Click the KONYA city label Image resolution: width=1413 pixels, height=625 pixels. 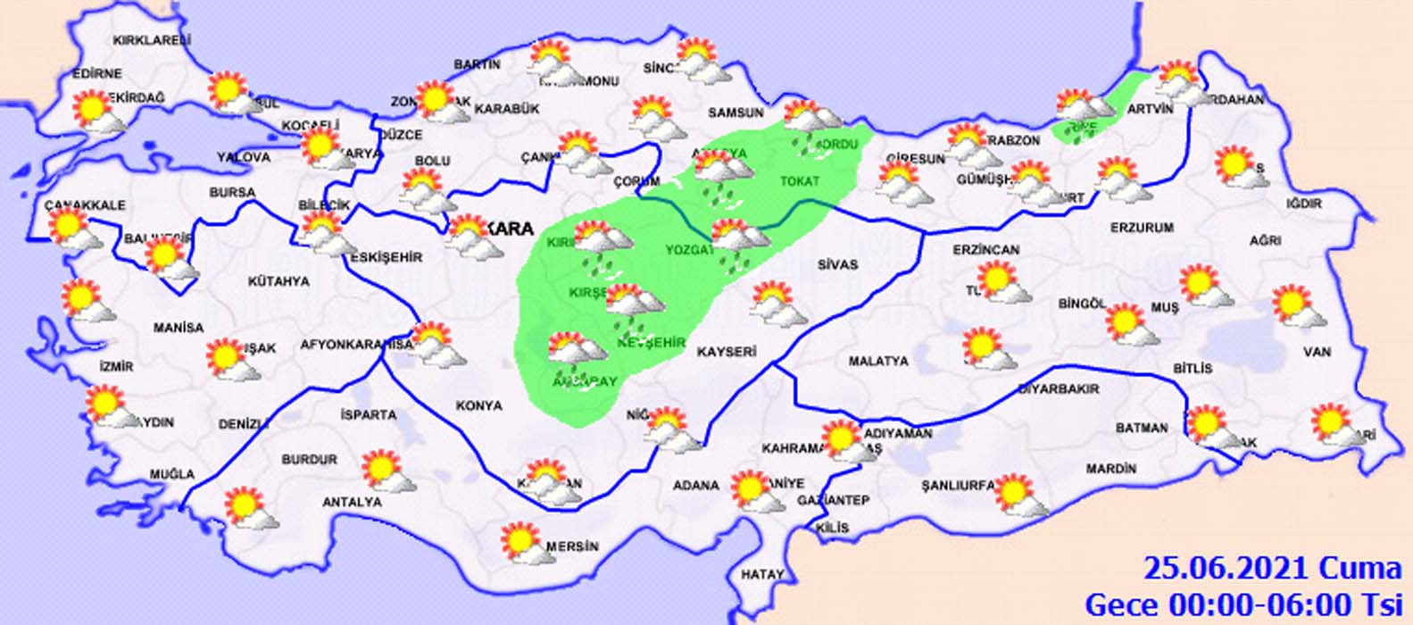[x=479, y=405]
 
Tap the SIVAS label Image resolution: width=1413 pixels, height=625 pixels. [x=837, y=264]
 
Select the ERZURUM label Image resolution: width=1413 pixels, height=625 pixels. [x=1142, y=228]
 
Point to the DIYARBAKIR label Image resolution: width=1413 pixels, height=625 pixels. [x=1059, y=389]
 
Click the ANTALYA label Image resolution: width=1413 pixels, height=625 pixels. [x=352, y=503]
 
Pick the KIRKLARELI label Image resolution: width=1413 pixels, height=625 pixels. [x=152, y=40]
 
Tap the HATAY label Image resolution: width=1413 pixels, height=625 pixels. [x=762, y=574]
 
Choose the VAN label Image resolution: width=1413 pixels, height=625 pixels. [x=1317, y=352]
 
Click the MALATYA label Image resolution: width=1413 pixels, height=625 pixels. [x=878, y=361]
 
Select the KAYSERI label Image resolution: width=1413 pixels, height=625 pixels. [x=727, y=352]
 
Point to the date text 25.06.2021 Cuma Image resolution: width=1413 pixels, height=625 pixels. [x=1273, y=568]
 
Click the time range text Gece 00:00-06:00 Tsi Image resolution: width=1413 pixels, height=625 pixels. [x=1243, y=604]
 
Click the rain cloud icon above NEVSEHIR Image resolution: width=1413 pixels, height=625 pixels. [x=633, y=304]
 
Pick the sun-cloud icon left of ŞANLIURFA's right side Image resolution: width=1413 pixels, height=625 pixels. [x=1019, y=496]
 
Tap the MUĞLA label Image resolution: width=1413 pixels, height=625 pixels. [x=171, y=473]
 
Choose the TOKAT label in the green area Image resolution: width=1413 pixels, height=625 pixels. [x=800, y=181]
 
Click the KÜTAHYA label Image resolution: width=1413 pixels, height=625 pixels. [x=278, y=281]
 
